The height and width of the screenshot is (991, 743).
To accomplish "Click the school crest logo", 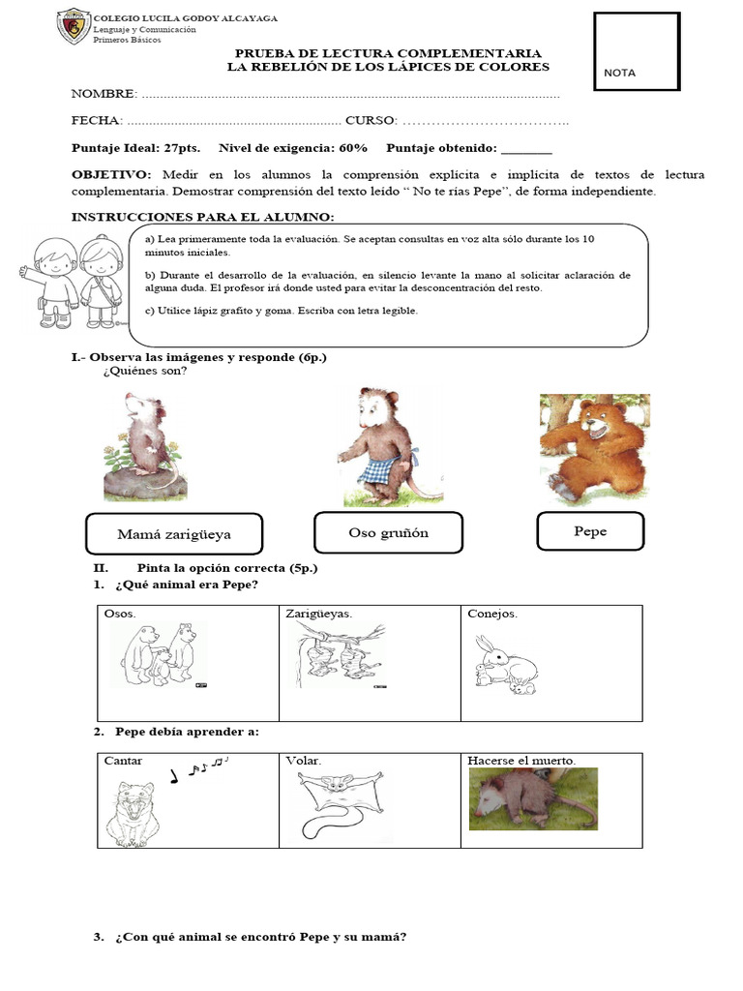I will [x=73, y=27].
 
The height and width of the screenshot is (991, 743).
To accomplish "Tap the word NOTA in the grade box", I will [x=620, y=74].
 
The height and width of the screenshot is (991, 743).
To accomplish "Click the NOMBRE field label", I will [x=104, y=94].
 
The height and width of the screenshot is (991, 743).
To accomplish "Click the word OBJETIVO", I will [x=111, y=174].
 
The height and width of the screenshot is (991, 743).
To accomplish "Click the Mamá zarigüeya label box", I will [x=174, y=533].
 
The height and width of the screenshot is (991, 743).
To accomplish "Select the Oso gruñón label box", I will [x=388, y=532].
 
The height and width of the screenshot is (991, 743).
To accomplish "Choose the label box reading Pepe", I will [x=590, y=531].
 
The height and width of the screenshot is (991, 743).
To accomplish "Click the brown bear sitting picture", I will [x=594, y=449].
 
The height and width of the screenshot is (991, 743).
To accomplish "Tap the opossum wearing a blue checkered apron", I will [x=378, y=446].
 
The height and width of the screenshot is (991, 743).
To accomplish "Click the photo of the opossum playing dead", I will [x=533, y=798].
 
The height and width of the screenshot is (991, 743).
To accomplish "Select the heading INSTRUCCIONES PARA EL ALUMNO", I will [x=203, y=216].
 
